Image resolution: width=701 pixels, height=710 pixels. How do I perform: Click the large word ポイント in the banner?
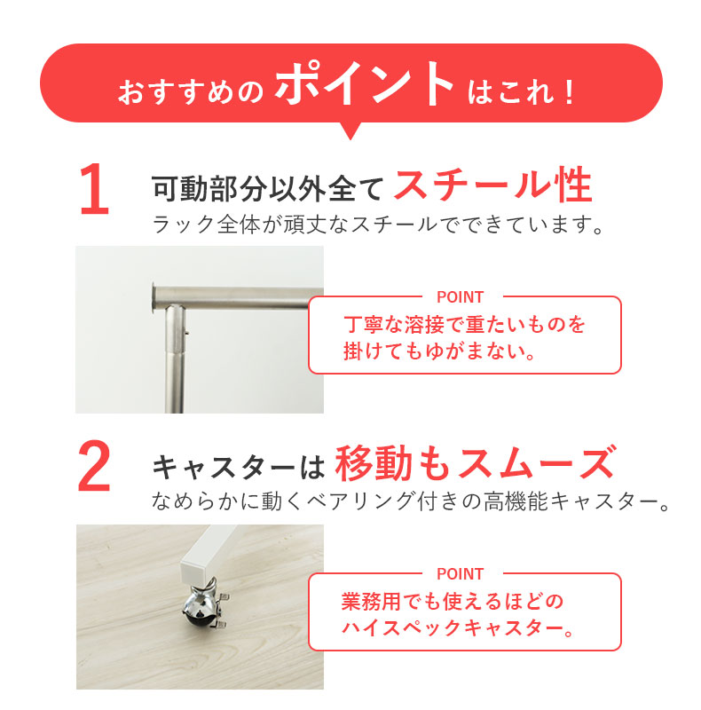coord(364,84)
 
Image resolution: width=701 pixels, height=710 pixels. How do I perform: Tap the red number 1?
coord(94,189)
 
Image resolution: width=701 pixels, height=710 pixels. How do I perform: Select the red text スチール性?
coord(492,185)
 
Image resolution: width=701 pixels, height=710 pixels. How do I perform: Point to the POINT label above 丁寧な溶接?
coord(461,297)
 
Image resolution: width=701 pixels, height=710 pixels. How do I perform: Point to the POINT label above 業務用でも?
coord(461,573)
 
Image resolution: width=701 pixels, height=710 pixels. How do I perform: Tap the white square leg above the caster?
coord(209,555)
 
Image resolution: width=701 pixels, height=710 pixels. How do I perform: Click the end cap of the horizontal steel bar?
coord(155,297)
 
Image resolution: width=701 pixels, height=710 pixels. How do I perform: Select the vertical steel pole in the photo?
coord(174,359)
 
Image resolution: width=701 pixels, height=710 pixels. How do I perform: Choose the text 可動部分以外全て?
coord(268,188)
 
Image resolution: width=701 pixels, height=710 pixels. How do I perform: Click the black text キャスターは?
coord(239,467)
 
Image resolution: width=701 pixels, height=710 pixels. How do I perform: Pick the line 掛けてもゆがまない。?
coord(440,351)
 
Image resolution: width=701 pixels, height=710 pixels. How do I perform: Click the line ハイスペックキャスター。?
coord(457,628)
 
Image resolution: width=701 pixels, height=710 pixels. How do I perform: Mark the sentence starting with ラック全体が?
coord(378,225)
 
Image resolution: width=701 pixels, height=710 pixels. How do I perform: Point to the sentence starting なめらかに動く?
coord(410,501)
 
